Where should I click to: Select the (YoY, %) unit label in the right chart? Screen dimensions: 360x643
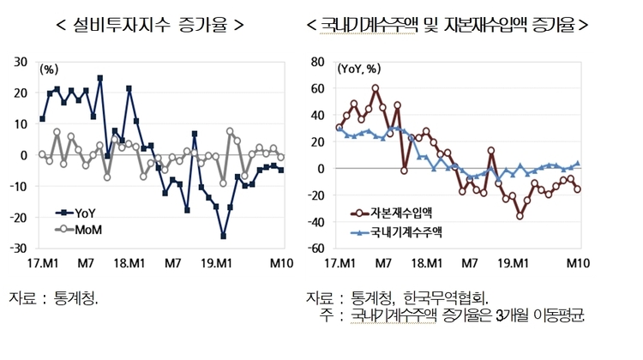[360, 69]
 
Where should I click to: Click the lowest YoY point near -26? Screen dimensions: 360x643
[224, 236]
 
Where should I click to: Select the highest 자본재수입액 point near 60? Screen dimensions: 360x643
[376, 87]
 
